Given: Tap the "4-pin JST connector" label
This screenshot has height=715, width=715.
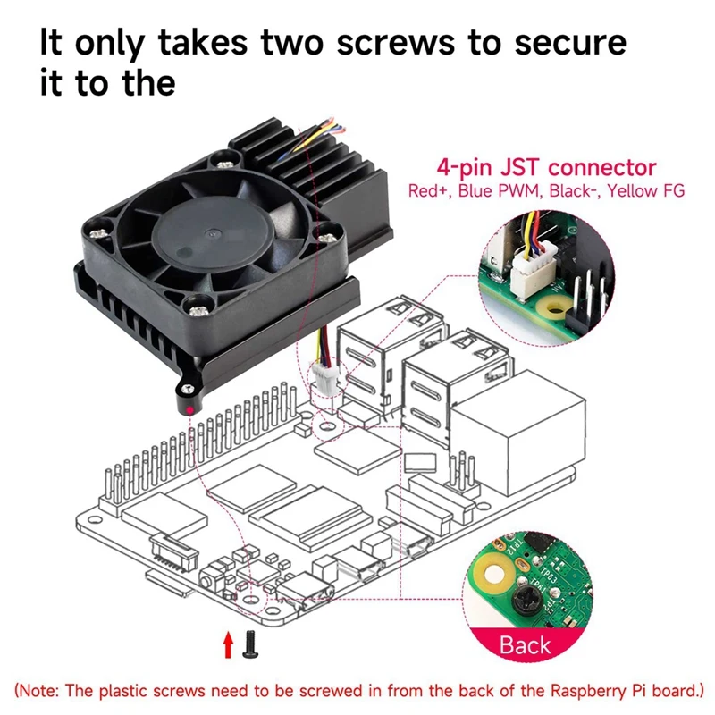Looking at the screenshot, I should click(x=546, y=167).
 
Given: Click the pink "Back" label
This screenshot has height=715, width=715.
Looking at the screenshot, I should click(x=525, y=644).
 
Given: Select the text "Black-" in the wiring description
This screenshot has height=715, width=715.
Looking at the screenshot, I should click(x=572, y=190).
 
